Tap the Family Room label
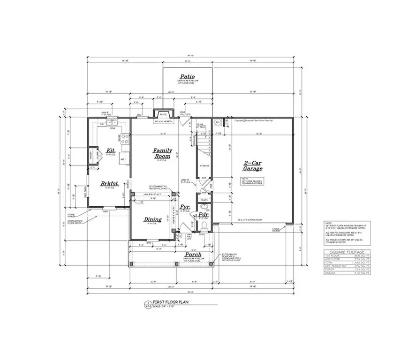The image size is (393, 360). tap(163, 153)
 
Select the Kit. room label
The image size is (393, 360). tap(111, 150)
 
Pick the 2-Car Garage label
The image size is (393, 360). tap(252, 165)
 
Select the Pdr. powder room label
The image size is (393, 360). tap(203, 215)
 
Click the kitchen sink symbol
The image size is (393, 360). tap(111, 124)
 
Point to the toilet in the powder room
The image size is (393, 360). tap(204, 225)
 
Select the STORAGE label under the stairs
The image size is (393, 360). tap(204, 166)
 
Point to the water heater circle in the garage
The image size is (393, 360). tap(218, 122)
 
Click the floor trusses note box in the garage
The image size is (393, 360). tap(253, 181)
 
